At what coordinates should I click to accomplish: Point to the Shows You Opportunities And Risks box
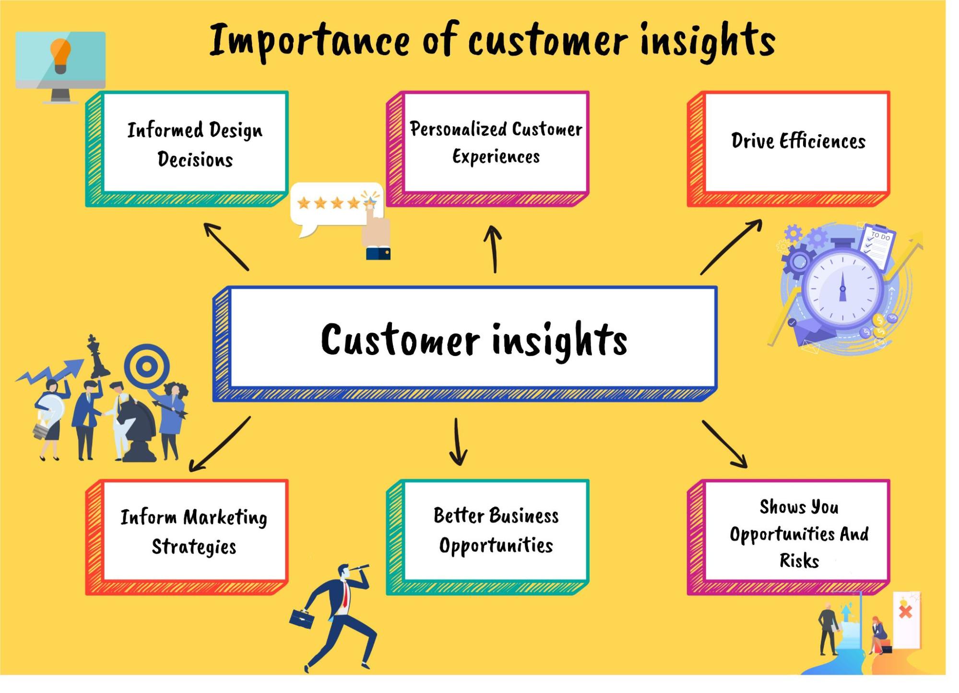[798, 532]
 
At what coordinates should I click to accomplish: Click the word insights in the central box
[559, 340]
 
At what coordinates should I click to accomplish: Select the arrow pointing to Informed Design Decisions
[226, 246]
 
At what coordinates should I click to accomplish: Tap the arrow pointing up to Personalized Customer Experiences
[493, 249]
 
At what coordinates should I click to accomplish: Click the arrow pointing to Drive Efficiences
[731, 246]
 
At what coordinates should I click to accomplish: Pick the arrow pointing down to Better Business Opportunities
[458, 441]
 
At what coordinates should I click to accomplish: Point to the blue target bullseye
[147, 367]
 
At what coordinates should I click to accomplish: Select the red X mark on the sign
[905, 612]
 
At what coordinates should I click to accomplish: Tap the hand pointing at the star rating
[377, 230]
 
